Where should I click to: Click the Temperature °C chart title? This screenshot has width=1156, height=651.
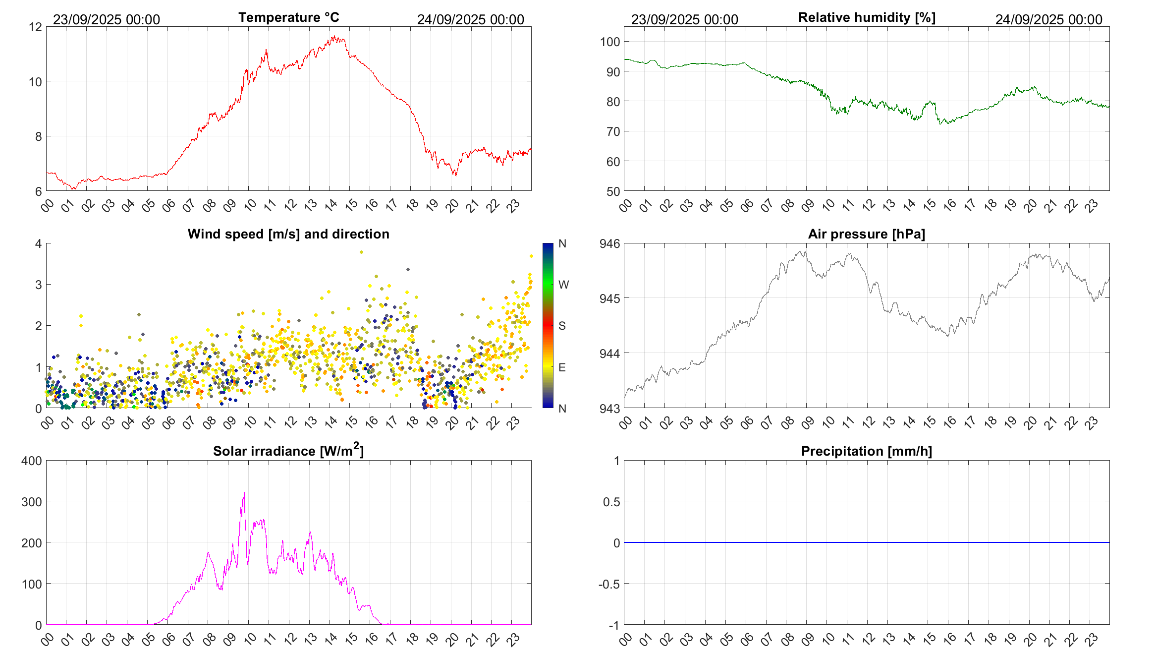[x=288, y=17]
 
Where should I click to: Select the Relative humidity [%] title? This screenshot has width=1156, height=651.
[x=867, y=17]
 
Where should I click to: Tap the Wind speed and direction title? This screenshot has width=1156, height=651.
[x=288, y=234]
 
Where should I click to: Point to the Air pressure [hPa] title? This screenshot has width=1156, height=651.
[x=867, y=234]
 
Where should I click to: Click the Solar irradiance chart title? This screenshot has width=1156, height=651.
[x=288, y=451]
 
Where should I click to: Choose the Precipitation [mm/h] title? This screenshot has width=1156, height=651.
[x=867, y=451]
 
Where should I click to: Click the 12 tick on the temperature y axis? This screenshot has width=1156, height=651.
[x=36, y=27]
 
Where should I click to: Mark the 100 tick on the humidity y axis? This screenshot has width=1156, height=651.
[x=610, y=42]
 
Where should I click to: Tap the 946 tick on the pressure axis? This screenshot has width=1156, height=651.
[x=610, y=243]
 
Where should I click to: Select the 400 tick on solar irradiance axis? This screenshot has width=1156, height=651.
[x=32, y=461]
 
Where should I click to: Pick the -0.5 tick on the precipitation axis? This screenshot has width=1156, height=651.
[x=609, y=584]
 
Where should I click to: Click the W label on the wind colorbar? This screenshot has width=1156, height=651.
[x=563, y=285]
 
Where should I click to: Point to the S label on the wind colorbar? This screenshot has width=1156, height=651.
[x=562, y=326]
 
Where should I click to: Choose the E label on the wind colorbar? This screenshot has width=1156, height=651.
[x=562, y=367]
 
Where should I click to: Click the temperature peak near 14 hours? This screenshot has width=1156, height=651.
[x=335, y=36]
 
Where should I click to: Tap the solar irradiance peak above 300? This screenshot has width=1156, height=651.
[x=244, y=493]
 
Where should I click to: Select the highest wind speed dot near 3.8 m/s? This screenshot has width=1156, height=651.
[x=361, y=252]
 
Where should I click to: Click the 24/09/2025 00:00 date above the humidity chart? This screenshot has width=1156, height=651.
[x=1048, y=19]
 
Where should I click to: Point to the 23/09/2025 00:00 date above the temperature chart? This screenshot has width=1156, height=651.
[x=107, y=19]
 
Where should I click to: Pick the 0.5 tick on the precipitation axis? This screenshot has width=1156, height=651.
[x=611, y=502]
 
